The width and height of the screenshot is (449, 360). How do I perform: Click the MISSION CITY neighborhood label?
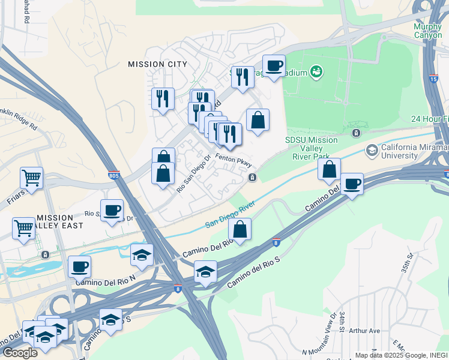(x=157, y=64)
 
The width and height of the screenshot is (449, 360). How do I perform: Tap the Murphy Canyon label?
(x=429, y=31)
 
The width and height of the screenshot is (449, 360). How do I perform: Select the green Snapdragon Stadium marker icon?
(x=317, y=73)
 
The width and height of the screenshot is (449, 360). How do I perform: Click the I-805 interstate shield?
(x=115, y=176)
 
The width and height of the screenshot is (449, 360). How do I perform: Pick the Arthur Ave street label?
(x=365, y=331)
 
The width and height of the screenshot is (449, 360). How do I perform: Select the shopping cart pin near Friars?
(x=31, y=178)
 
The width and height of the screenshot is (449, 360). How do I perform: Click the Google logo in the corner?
(x=20, y=352)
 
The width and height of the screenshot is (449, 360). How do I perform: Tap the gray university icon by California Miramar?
(x=372, y=149)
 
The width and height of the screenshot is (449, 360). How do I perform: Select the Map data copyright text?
(x=401, y=355)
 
